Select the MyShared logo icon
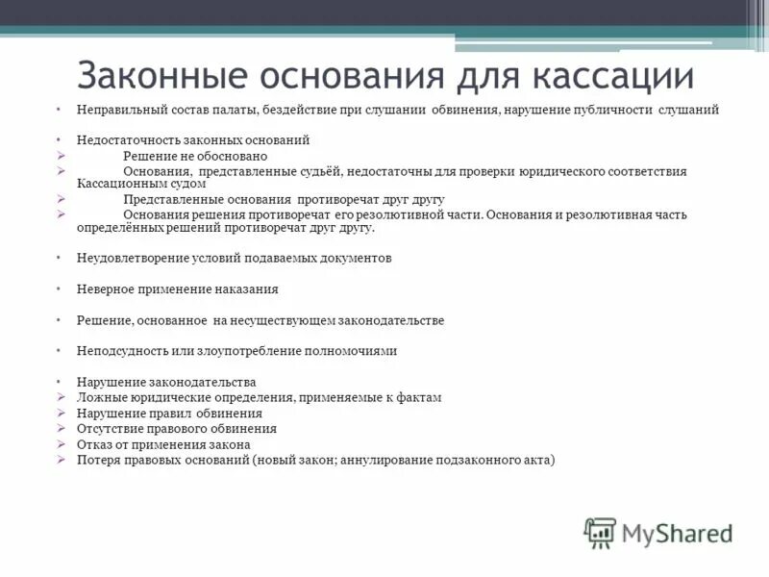click(601, 532)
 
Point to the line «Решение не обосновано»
click(194, 156)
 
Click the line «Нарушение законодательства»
click(166, 382)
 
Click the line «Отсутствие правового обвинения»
click(177, 429)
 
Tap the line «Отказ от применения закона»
click(163, 444)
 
